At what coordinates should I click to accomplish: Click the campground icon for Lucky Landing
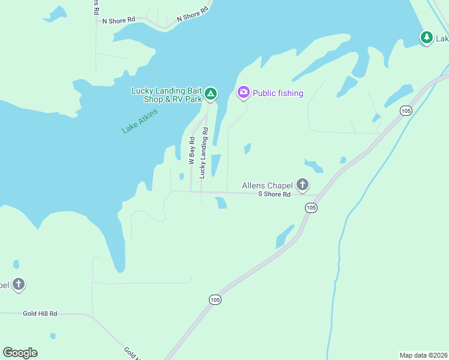(x=210, y=94)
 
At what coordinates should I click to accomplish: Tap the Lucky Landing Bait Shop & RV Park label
(x=167, y=95)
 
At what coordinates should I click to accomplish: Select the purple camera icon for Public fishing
(x=244, y=92)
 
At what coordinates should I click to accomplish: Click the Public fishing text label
(x=278, y=93)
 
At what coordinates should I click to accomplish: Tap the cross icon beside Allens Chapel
(x=303, y=185)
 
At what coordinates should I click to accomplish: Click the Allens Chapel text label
(x=267, y=186)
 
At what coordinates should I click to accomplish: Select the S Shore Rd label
(x=274, y=194)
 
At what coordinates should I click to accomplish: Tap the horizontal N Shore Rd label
(x=118, y=20)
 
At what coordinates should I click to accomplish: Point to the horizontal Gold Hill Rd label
(x=40, y=313)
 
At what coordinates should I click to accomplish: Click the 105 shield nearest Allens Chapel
(x=310, y=207)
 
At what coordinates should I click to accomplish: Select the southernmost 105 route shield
(x=215, y=299)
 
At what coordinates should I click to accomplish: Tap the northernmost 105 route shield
(x=406, y=110)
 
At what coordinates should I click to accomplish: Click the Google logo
(x=20, y=353)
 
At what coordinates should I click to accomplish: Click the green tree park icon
(x=426, y=38)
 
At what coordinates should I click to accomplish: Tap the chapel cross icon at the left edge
(x=19, y=284)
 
